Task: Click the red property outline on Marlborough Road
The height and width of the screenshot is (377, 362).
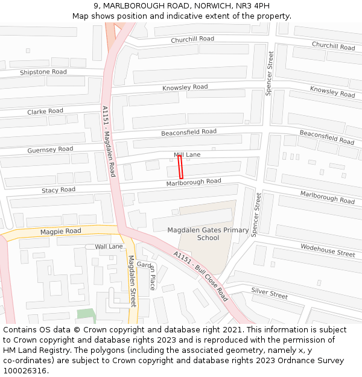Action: (x=180, y=166)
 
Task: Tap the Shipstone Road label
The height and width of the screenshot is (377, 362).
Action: (x=43, y=72)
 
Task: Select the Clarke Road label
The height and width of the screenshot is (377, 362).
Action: (x=45, y=112)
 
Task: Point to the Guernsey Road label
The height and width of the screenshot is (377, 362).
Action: (x=50, y=149)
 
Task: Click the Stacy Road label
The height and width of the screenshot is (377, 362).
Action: (x=59, y=190)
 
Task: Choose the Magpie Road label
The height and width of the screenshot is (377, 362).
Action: (x=60, y=231)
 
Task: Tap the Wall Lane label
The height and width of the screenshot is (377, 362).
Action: (x=109, y=246)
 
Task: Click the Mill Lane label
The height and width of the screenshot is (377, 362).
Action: (x=187, y=155)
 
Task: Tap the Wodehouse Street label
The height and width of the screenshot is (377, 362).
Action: (x=328, y=250)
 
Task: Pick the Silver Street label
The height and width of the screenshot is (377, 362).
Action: (x=270, y=294)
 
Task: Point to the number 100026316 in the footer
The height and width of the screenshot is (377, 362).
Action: (x=24, y=371)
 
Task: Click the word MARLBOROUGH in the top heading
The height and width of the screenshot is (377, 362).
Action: (x=130, y=5)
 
